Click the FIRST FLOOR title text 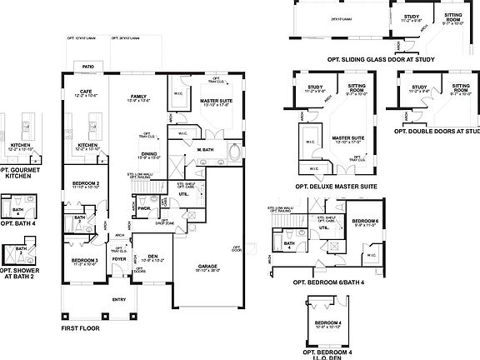80,328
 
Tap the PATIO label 86,66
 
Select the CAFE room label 85,92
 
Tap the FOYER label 120,258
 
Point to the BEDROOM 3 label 85,260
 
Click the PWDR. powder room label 155,209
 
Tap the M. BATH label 207,149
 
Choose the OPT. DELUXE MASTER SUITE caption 336,186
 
